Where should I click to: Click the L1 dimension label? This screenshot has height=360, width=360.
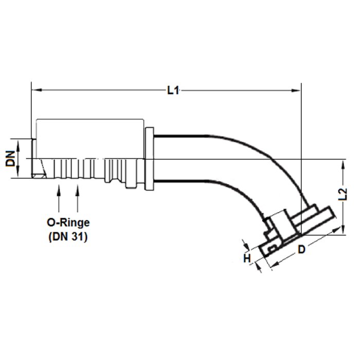point(173,91)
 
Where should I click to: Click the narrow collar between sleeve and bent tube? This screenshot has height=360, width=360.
point(150,158)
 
